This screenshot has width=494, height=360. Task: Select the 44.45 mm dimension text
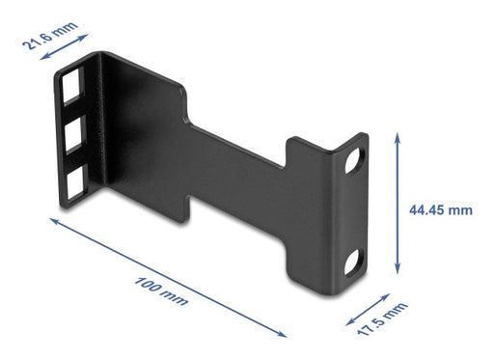click(x=446, y=208)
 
